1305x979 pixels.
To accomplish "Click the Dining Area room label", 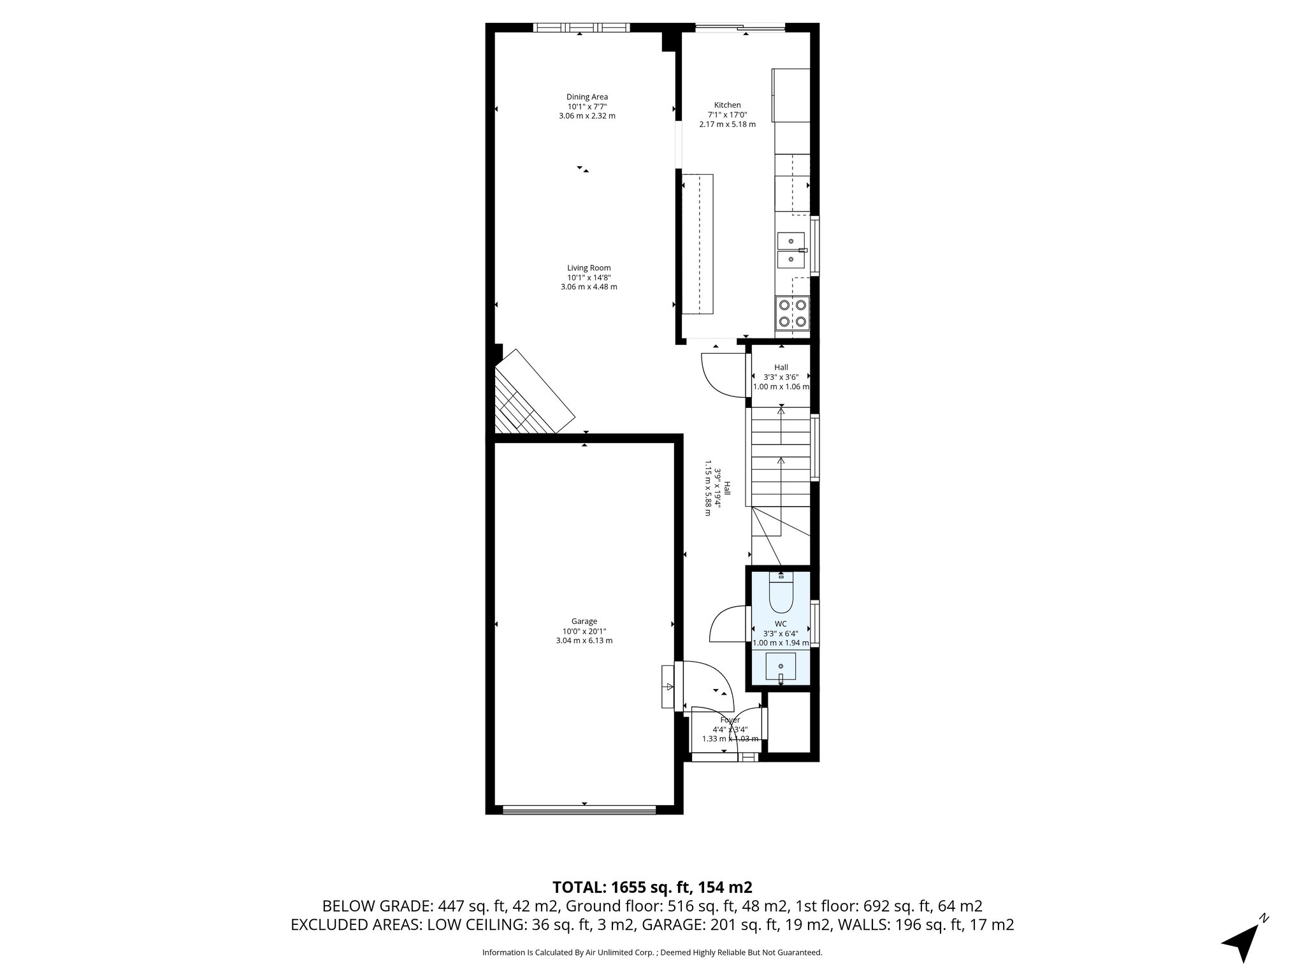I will [x=587, y=106].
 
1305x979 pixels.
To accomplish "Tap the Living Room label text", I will [x=589, y=277].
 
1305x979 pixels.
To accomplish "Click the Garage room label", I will [x=584, y=630].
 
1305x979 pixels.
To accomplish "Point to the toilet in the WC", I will [x=781, y=593].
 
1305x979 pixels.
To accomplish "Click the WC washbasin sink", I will [x=781, y=667].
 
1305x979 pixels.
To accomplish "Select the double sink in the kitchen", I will [x=791, y=250].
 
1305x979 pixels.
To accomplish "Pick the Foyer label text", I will [x=730, y=729].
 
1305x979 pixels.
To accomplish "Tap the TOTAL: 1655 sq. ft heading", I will [x=652, y=887].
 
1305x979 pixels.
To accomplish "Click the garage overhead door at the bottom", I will [x=578, y=811].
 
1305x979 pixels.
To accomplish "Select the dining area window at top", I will [x=581, y=27].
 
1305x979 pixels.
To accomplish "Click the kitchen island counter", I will [x=698, y=243].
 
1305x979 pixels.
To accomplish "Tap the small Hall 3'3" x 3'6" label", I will [x=781, y=376].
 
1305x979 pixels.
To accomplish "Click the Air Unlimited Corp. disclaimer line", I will [x=652, y=952].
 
